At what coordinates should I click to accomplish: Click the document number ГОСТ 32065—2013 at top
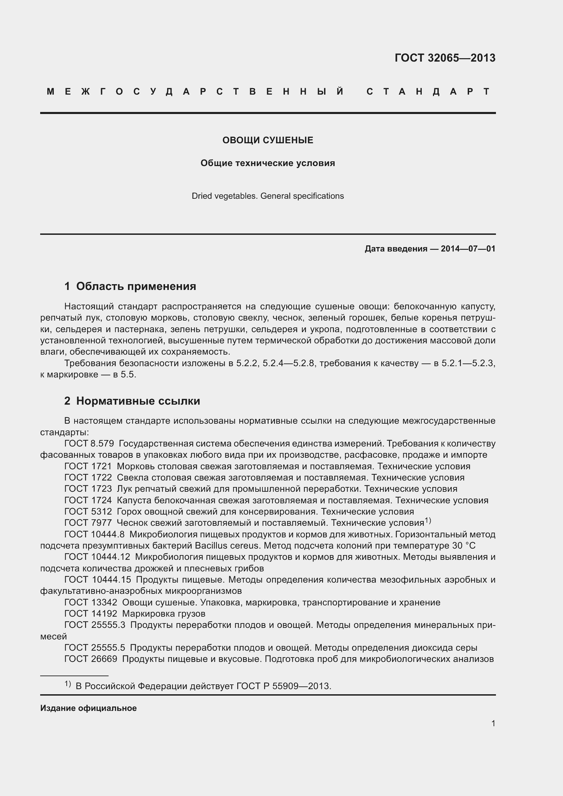445,58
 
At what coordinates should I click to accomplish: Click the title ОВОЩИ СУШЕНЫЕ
268,140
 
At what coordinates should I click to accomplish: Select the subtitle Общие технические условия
268,163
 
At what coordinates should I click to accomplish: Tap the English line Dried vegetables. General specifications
268,196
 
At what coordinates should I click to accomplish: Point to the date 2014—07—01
468,248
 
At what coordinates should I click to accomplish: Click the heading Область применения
136,286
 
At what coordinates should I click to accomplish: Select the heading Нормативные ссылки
138,401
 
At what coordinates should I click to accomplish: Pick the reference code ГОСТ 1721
88,466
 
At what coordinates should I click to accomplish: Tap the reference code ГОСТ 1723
88,489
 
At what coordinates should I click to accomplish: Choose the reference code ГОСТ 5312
88,512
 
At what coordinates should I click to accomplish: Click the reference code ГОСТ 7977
88,523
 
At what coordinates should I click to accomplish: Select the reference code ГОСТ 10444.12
97,557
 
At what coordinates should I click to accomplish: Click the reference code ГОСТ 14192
91,614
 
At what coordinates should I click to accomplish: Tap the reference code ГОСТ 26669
91,659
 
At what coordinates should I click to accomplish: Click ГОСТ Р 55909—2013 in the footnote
284,686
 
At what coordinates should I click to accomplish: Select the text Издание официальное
89,708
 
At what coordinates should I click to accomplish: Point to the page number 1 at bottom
493,724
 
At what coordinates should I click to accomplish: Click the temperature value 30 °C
464,546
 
